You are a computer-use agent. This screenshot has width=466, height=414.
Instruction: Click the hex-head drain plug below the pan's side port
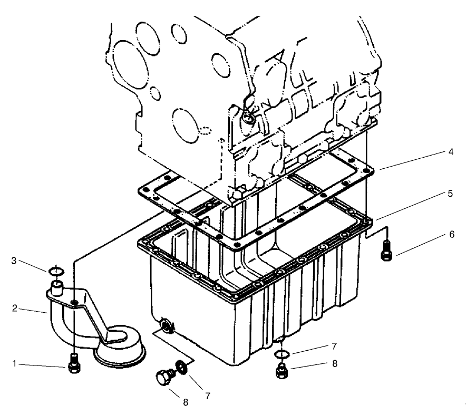(x=163, y=378)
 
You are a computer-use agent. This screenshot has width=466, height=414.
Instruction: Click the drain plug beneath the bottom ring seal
(x=282, y=372)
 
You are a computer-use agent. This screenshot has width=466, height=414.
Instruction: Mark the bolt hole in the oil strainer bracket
(x=76, y=302)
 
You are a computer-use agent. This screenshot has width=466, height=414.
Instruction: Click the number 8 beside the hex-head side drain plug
(x=185, y=402)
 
